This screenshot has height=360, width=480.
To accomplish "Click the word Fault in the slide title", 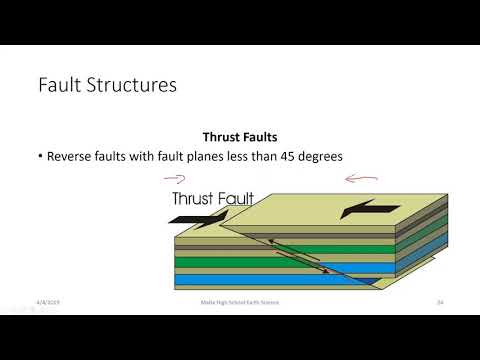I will (62, 85).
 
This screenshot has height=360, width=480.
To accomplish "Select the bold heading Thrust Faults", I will (239, 137).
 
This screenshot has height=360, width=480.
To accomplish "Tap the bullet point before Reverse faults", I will (36, 157).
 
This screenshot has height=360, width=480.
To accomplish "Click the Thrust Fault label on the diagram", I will (212, 199).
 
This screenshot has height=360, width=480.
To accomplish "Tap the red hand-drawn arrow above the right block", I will (358, 181).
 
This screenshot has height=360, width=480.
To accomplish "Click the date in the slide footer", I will (48, 301).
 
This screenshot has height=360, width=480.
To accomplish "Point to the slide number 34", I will (439, 301).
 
